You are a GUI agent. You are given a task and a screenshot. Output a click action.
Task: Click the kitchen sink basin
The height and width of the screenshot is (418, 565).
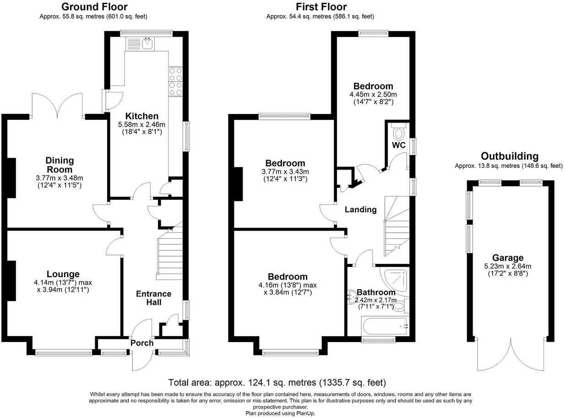tap(147, 43)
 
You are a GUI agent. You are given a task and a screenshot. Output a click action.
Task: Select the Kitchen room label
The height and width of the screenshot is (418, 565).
tap(142, 116)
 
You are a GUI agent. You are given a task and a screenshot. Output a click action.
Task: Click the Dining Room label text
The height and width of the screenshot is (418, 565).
tap(60, 165)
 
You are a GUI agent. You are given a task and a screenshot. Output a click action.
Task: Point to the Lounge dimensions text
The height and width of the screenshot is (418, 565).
tap(63, 286)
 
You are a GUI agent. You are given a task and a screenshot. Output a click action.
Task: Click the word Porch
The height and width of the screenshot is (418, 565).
tap(142, 343)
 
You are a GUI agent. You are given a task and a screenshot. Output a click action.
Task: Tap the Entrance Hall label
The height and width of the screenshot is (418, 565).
tap(153, 298)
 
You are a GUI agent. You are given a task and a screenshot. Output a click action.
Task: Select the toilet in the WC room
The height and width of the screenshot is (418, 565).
tap(398, 131)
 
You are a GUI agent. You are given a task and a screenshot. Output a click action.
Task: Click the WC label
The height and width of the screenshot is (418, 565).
tap(399, 145)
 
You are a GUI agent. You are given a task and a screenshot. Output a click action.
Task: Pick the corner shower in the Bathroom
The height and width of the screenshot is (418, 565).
tap(394, 281)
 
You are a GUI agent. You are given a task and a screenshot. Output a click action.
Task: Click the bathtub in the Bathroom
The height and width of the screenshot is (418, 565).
tap(385, 326)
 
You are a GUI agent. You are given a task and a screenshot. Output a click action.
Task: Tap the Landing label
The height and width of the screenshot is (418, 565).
tap(360, 209)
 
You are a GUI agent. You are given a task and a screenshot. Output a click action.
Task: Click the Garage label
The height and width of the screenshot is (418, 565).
tap(508, 258)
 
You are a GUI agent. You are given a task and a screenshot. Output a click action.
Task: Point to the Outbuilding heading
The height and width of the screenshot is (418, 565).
tap(510, 156)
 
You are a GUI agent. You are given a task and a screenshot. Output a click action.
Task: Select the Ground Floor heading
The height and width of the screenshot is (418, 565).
tap(94, 6)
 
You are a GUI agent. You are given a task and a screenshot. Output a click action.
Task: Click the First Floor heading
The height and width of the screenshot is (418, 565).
tap(321, 6)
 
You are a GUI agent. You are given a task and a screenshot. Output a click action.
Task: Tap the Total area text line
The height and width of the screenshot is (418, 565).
tap(277, 383)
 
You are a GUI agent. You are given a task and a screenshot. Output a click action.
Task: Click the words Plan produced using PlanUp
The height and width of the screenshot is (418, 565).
tap(280, 413)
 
